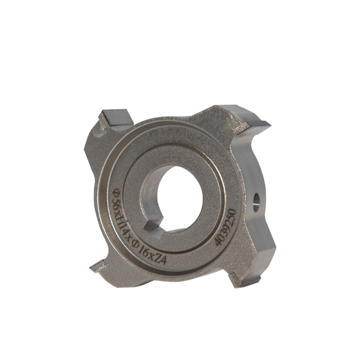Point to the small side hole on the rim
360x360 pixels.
pyautogui.click(x=256, y=201)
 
